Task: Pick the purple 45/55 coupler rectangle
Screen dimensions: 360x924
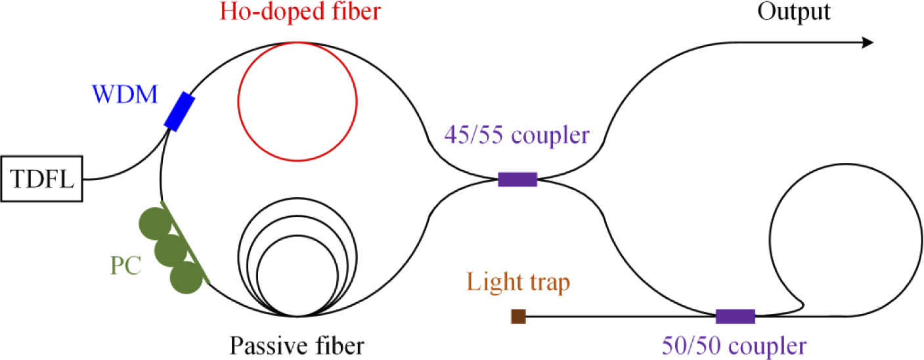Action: (x=517, y=179)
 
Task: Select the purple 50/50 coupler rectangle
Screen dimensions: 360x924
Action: (x=735, y=317)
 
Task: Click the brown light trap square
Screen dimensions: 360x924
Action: (x=518, y=317)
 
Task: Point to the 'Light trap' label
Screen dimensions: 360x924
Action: (x=518, y=284)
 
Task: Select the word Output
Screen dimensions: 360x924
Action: (x=794, y=12)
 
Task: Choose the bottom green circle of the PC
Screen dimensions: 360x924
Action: (x=186, y=278)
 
